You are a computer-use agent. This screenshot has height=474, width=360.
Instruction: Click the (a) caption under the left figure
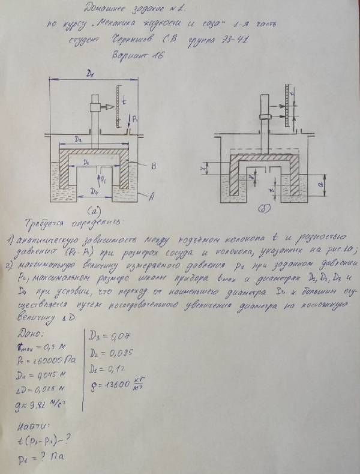(x=93, y=212)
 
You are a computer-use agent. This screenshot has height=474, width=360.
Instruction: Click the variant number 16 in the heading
(x=155, y=55)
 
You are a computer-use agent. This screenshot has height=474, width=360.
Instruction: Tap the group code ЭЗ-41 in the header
(x=237, y=39)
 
